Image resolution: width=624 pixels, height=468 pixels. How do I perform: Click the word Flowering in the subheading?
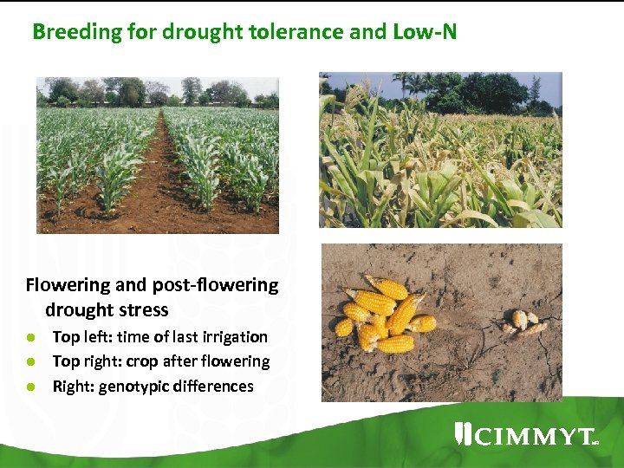[67, 285]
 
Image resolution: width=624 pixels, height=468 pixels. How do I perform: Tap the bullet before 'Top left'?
[30, 337]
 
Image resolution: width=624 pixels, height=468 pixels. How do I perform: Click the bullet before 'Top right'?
[30, 361]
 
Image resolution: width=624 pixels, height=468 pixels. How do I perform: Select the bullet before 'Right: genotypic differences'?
[30, 387]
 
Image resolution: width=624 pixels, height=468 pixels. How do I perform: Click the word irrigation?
[234, 337]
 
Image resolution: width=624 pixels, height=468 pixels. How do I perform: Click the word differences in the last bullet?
[213, 387]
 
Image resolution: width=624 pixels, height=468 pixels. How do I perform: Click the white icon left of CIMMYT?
[463, 434]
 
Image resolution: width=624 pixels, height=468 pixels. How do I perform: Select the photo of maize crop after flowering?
[440, 149]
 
